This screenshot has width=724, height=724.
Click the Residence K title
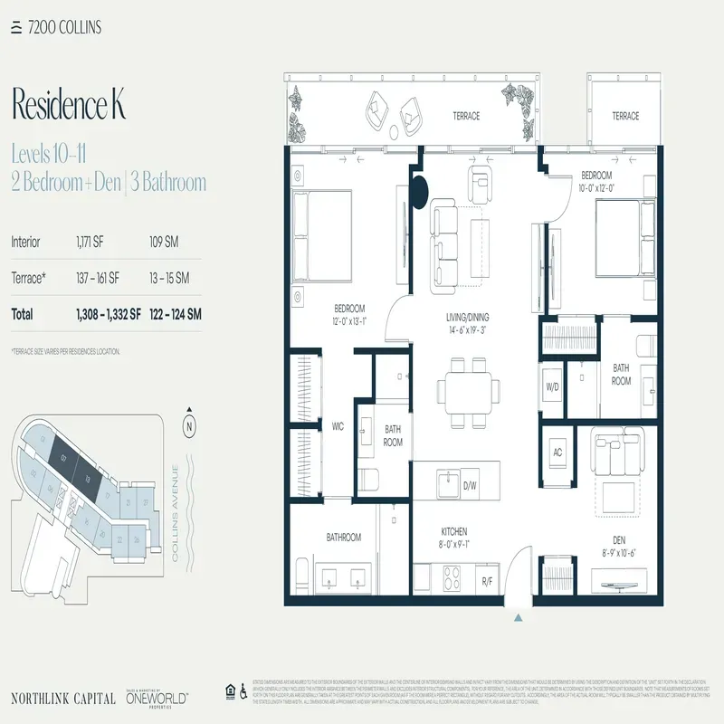click(68, 106)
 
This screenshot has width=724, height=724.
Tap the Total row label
click(22, 314)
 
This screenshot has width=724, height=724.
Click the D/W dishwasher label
click(470, 486)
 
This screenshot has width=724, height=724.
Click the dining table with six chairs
click(468, 390)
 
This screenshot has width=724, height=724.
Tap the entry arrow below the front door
click(518, 617)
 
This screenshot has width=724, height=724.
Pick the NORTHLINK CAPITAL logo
click(62, 698)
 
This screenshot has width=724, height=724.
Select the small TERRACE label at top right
click(624, 116)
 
